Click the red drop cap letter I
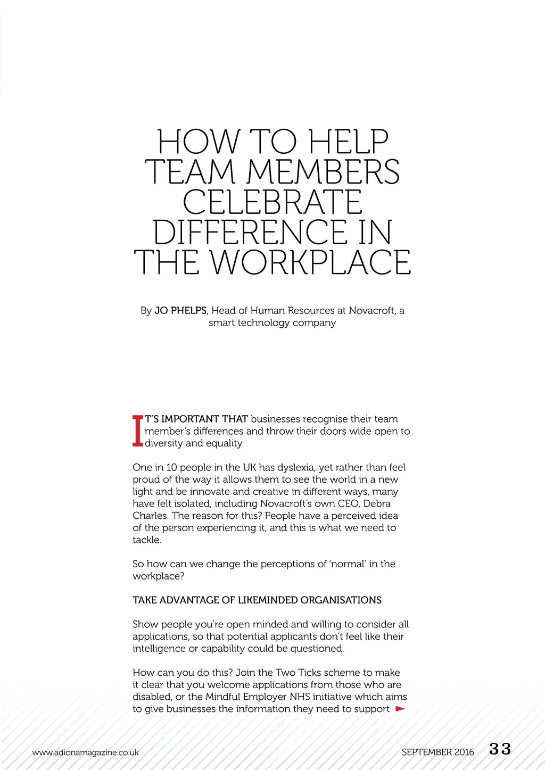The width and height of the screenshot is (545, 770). click(x=137, y=430)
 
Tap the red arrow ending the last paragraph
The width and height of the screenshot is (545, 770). click(x=400, y=709)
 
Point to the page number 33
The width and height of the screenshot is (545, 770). click(x=500, y=749)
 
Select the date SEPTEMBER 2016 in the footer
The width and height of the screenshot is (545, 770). click(x=437, y=752)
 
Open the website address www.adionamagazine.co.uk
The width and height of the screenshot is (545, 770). click(x=85, y=752)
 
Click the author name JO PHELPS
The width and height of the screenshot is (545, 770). click(x=180, y=310)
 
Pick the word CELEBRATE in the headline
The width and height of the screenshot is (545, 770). click(x=272, y=202)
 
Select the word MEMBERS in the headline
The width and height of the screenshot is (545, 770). click(x=323, y=172)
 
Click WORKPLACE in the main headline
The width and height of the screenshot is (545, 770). click(x=310, y=262)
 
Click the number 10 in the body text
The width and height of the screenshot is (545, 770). click(x=171, y=467)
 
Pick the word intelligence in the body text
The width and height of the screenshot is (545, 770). click(x=159, y=649)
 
